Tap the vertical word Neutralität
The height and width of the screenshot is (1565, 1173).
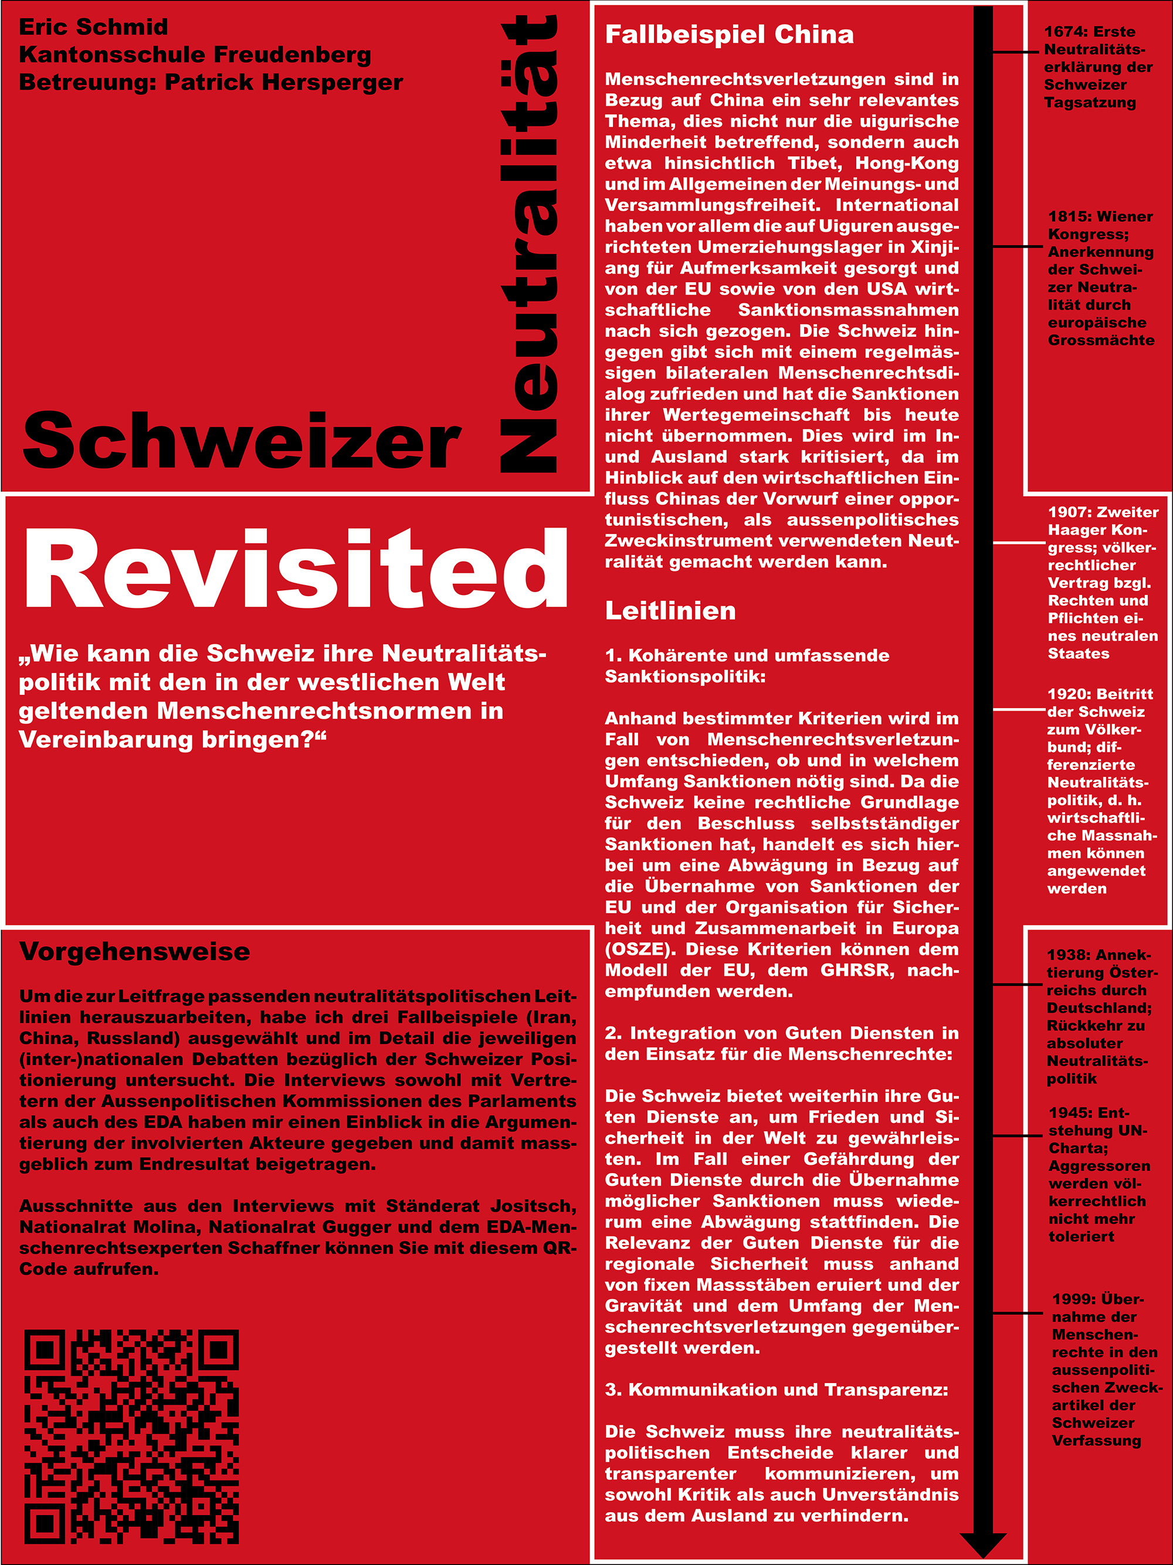529,244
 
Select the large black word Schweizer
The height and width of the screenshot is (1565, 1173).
242,441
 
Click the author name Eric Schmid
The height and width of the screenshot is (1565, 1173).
93,27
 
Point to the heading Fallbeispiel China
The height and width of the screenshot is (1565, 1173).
729,35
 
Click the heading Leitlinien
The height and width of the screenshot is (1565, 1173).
670,611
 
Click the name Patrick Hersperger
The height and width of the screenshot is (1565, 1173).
283,83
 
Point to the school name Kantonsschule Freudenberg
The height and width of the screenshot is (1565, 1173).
195,55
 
